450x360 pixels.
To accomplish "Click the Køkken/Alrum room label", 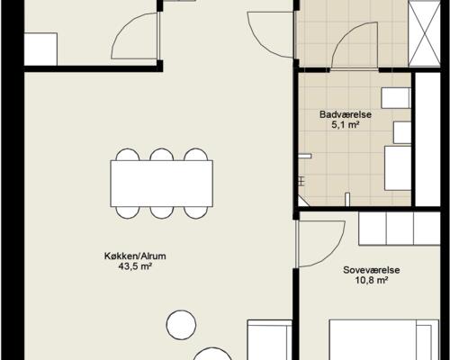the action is pos(135,256).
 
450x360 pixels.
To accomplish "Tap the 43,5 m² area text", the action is pos(135,266).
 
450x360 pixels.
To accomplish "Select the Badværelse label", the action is pos(346,114).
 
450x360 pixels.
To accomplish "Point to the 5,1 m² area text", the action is pos(346,125).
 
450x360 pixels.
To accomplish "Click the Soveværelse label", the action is pos(372,270).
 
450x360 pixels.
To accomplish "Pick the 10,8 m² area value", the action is pos(372,281).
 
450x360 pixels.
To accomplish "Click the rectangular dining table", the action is pos(162,184).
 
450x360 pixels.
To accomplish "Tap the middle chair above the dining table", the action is pos(162,155).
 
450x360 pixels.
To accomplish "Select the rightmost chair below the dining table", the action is pos(196,212).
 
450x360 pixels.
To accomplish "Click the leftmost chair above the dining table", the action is pos(128,155).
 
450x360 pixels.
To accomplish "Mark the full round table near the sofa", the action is pos(181,325).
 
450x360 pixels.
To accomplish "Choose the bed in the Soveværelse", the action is pos(384,339).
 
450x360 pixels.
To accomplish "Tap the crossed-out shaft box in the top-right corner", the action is pos(425,33).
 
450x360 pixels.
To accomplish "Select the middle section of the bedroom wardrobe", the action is pos(400,229).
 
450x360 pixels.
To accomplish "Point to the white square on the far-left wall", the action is pos(40,49).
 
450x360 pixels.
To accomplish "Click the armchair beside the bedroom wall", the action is pos(269,339).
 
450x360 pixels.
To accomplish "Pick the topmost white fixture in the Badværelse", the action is pos(396,98).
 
